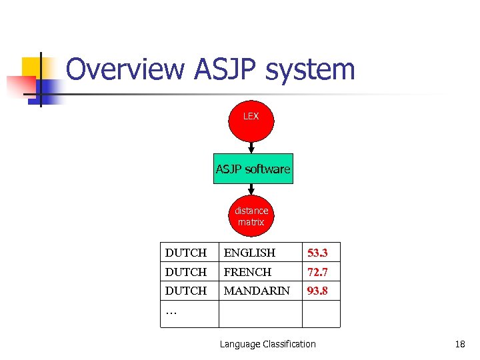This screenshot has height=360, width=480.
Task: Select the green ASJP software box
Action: [x=253, y=169]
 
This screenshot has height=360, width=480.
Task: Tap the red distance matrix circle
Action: [x=251, y=216]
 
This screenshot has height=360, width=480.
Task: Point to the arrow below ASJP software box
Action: [x=251, y=189]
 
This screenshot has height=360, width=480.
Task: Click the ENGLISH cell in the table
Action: [x=249, y=253]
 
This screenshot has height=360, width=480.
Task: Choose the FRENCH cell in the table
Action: [x=247, y=272]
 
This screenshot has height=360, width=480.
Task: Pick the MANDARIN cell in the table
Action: [x=257, y=291]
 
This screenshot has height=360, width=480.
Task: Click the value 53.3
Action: [x=317, y=253]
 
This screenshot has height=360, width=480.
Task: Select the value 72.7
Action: [x=317, y=272]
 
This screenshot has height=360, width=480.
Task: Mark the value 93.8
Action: [x=317, y=291]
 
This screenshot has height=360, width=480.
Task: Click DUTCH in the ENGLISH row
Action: [x=186, y=253]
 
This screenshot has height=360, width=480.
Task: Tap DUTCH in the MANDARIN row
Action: [x=186, y=291]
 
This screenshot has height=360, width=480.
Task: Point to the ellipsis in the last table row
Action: [x=171, y=311]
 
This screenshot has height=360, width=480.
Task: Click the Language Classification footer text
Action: [x=267, y=344]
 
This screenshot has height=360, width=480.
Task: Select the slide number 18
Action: [x=459, y=344]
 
